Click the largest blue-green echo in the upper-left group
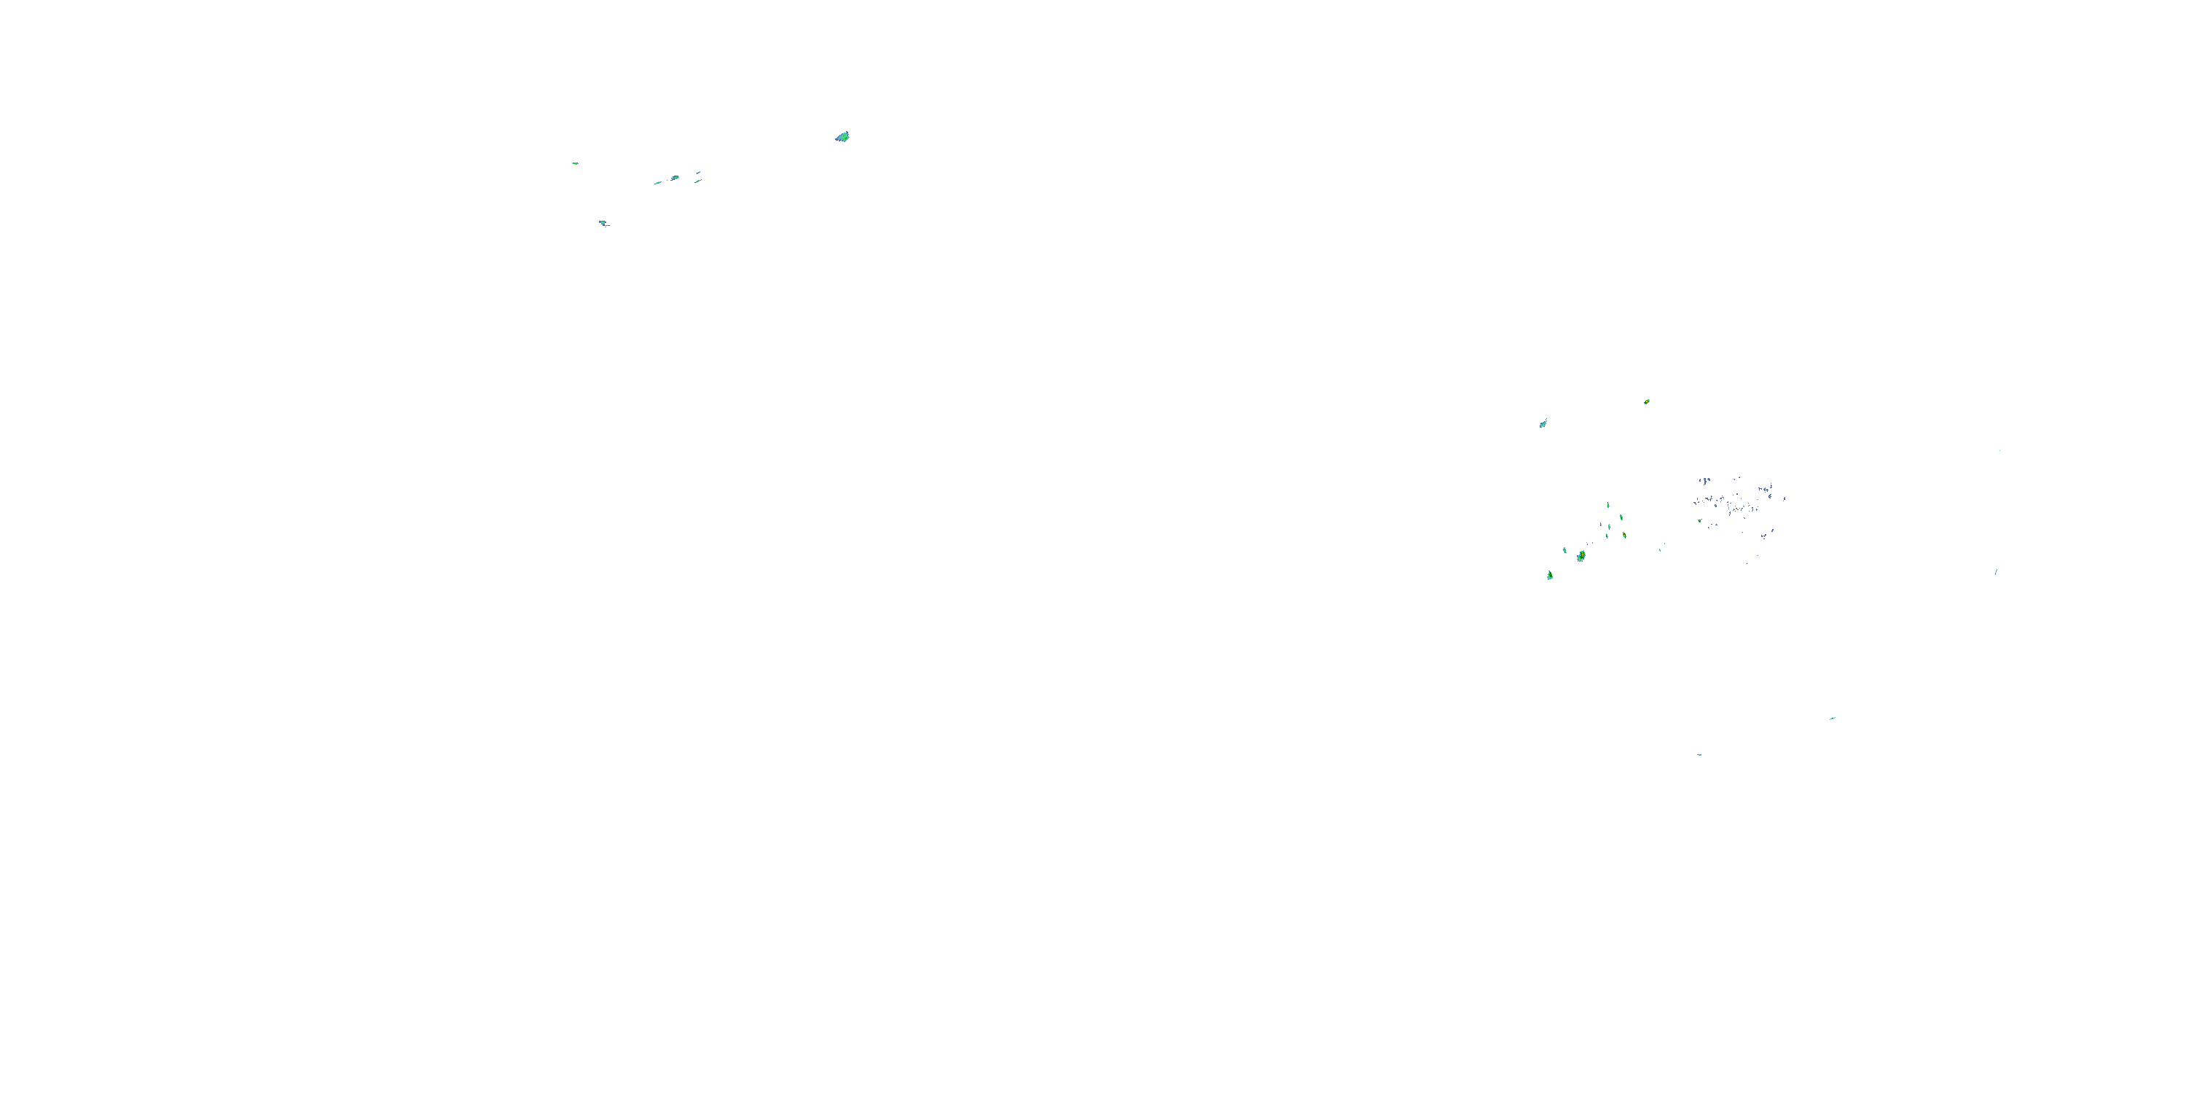tap(842, 137)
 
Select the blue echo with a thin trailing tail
tap(603, 224)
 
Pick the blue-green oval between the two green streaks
tap(675, 179)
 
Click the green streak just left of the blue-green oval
tap(658, 182)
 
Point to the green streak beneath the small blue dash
tap(698, 181)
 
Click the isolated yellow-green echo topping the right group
tap(1646, 401)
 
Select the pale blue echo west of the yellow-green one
tap(1543, 423)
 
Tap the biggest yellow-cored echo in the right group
tap(1581, 557)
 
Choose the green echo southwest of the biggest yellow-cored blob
tap(1550, 576)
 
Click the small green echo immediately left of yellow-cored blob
tap(1565, 550)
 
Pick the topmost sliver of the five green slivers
tap(1608, 505)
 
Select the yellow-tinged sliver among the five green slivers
tap(1624, 536)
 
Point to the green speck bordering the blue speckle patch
tap(1699, 520)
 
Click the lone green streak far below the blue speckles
tap(1832, 718)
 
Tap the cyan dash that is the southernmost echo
tap(1699, 754)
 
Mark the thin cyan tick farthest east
tap(1996, 572)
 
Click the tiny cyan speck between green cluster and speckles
tap(1661, 548)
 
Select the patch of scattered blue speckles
tap(1736, 505)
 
